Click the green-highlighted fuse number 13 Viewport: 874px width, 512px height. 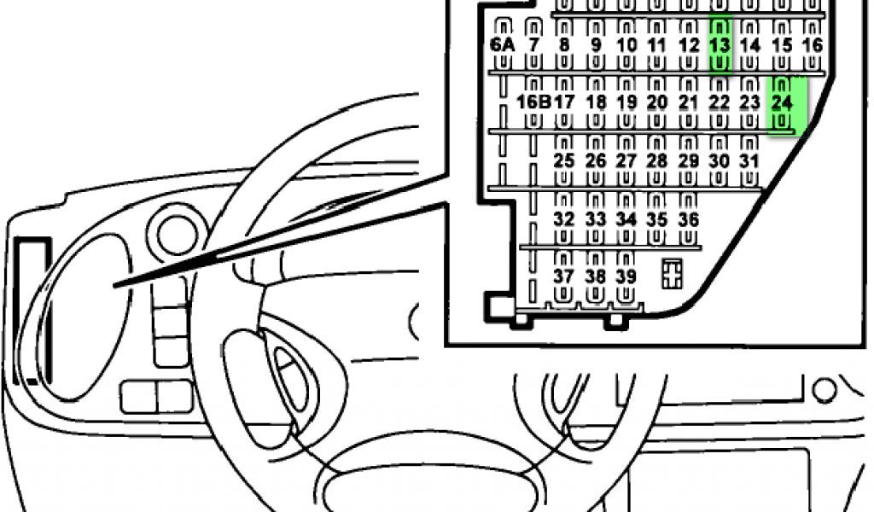tap(720, 45)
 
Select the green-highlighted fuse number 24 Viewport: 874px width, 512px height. tap(782, 102)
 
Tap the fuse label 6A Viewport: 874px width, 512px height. tap(503, 45)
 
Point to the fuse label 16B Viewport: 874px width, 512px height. tap(533, 102)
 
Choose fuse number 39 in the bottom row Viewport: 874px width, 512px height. tap(626, 276)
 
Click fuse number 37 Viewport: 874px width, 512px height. tap(563, 276)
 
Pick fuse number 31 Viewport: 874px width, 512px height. tap(749, 160)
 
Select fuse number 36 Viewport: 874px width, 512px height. tap(688, 219)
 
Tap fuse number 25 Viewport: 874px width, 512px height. tap(563, 160)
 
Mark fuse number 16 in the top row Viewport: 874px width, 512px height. tap(813, 45)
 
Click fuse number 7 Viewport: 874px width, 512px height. tap(534, 45)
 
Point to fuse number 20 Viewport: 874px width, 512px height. tap(656, 102)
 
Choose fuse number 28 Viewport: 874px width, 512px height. tap(656, 160)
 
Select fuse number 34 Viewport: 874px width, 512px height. tap(626, 219)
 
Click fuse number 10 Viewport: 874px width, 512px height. tap(626, 45)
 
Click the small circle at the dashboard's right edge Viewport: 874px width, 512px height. tap(824, 390)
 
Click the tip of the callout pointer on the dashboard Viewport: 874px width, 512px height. tap(115, 286)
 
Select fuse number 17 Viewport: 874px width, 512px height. tap(564, 102)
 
